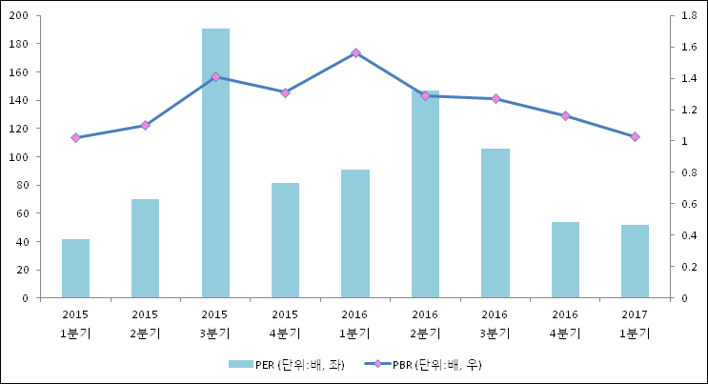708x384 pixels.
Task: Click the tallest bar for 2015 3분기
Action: coord(215,163)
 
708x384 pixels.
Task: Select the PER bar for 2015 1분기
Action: coord(75,269)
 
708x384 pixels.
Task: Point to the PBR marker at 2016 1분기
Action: coord(355,53)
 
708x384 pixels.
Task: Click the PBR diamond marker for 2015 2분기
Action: coord(145,125)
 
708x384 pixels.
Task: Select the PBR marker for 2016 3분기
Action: coord(496,99)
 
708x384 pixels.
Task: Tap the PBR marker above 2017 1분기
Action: coord(635,137)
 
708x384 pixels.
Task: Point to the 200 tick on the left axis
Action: coord(20,16)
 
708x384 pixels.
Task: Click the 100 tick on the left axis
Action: coord(20,157)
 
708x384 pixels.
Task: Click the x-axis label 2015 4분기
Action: coord(285,324)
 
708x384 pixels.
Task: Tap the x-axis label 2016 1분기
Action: coord(355,324)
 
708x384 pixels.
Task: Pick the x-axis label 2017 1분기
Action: coord(635,324)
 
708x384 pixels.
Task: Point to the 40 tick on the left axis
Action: coord(23,242)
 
